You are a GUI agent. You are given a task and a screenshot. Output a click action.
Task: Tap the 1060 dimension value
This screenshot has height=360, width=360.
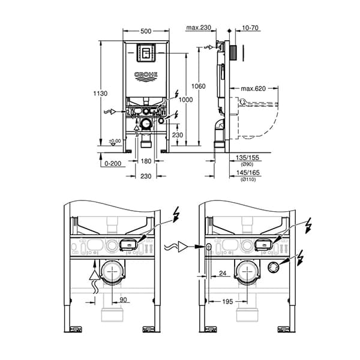[x=199, y=86]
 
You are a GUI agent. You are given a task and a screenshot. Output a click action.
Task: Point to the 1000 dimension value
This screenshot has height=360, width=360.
[x=186, y=100]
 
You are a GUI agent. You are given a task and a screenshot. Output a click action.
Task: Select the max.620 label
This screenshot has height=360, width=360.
[x=253, y=89]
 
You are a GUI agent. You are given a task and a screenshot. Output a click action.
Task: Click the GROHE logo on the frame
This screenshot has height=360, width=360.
[x=146, y=75]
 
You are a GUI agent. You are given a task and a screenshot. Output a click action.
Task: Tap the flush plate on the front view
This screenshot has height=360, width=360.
[x=146, y=53]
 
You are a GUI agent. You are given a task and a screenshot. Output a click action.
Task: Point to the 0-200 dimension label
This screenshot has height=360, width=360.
[x=112, y=163]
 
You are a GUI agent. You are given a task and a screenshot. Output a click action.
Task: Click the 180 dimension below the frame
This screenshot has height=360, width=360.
[x=146, y=161]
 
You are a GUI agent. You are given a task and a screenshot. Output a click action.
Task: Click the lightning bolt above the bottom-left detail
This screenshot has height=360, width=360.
[x=176, y=214]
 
